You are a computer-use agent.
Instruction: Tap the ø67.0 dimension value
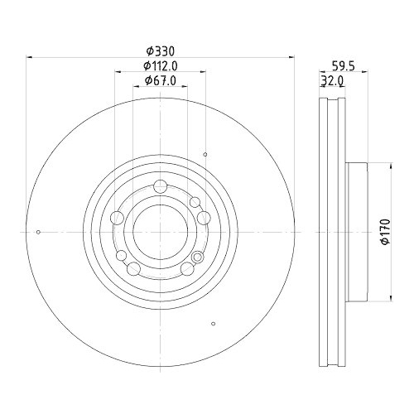(161, 80)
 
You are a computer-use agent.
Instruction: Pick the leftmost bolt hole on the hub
(118, 217)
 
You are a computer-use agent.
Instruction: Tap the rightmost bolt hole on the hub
(203, 217)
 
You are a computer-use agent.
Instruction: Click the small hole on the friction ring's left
(39, 232)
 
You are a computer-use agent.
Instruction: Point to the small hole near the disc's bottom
(214, 323)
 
